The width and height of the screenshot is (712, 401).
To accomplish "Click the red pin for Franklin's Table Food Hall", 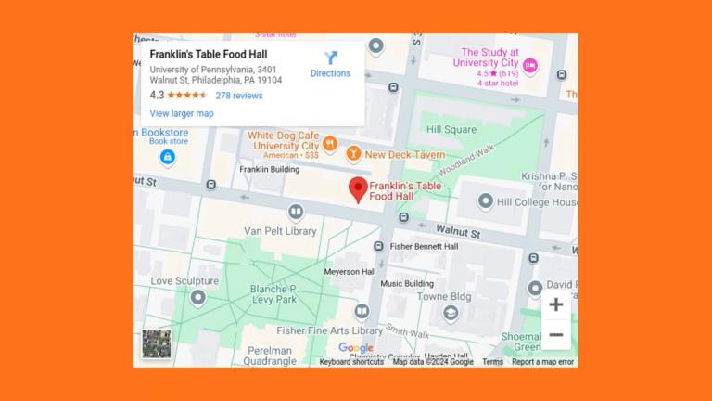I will [357, 189].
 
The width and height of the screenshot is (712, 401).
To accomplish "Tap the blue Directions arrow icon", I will [330, 58].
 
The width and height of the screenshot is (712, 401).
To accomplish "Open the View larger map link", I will [182, 113].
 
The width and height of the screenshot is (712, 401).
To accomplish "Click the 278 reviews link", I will [239, 96].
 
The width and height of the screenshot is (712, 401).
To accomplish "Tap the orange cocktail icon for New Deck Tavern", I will [353, 154].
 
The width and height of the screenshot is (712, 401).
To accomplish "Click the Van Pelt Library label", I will [280, 231].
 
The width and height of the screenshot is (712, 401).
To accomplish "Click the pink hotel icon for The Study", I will [530, 65].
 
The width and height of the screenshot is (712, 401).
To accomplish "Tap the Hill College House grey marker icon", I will [486, 201].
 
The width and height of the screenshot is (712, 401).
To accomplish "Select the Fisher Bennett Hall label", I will [424, 247].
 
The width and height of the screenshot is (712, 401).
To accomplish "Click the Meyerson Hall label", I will [350, 272].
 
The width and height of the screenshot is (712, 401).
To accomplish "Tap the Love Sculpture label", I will [184, 281].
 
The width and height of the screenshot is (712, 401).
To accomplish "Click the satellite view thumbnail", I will [156, 343].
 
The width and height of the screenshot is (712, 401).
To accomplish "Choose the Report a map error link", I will [542, 362].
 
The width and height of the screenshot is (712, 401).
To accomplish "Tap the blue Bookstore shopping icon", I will [167, 157].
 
